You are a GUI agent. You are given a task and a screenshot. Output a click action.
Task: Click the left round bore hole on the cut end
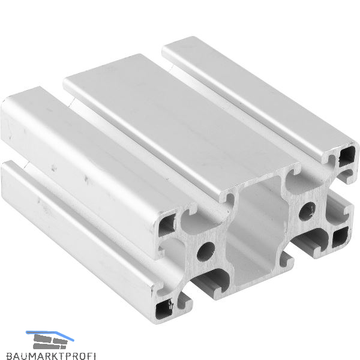pos(205,251)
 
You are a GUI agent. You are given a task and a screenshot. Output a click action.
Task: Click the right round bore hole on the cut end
pos(307,211)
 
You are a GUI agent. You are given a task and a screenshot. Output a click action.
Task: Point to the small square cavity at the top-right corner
pos(347,157)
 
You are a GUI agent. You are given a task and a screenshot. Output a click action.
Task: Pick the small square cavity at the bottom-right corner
pos(340,237)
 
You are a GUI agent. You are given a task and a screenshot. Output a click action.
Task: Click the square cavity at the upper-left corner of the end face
pos(167,225)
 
